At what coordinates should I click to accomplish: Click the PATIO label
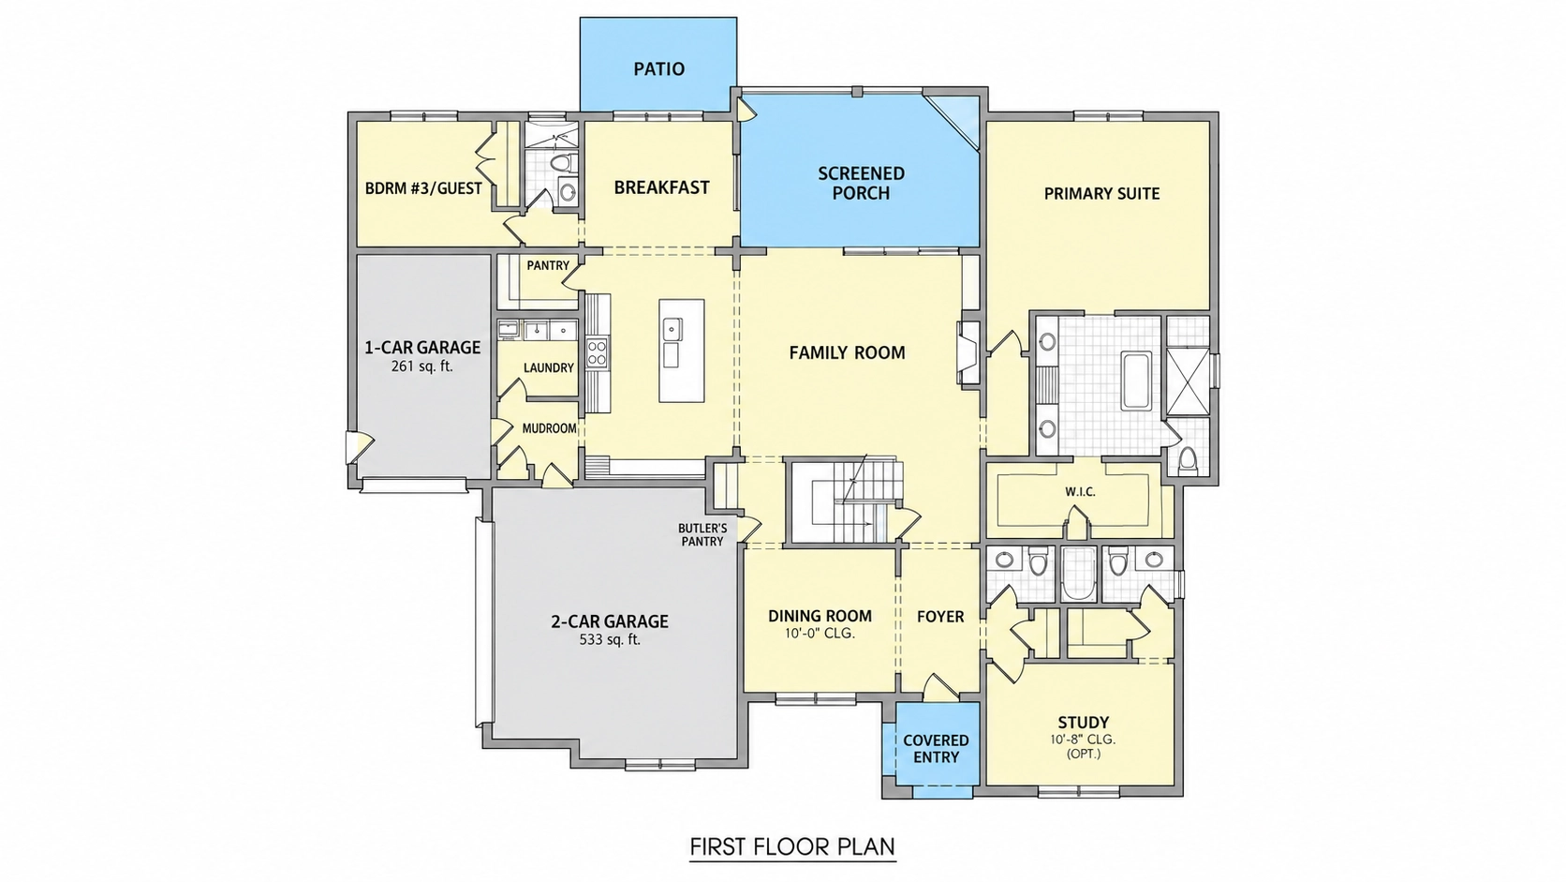(658, 68)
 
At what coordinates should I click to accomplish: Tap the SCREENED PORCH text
(862, 184)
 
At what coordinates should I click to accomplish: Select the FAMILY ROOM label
(848, 352)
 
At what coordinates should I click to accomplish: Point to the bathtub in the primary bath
(1136, 381)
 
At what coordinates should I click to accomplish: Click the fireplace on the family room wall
(968, 353)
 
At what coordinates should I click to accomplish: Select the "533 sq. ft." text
(610, 639)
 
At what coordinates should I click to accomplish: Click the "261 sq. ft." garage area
(422, 366)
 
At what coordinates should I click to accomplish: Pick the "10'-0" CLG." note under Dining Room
(820, 634)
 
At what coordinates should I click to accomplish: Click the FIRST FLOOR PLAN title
(792, 846)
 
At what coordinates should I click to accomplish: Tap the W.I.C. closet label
(1080, 492)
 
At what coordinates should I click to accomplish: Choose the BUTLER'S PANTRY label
(702, 535)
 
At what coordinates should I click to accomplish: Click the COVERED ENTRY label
(936, 748)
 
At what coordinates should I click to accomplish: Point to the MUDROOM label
(550, 428)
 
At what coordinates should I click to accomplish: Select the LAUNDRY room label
(548, 368)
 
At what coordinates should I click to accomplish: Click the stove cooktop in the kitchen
(598, 352)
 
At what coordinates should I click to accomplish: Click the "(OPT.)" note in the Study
(1083, 754)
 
